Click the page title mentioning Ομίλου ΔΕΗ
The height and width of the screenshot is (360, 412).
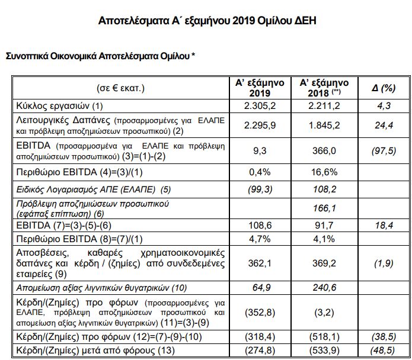pos(206,21)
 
